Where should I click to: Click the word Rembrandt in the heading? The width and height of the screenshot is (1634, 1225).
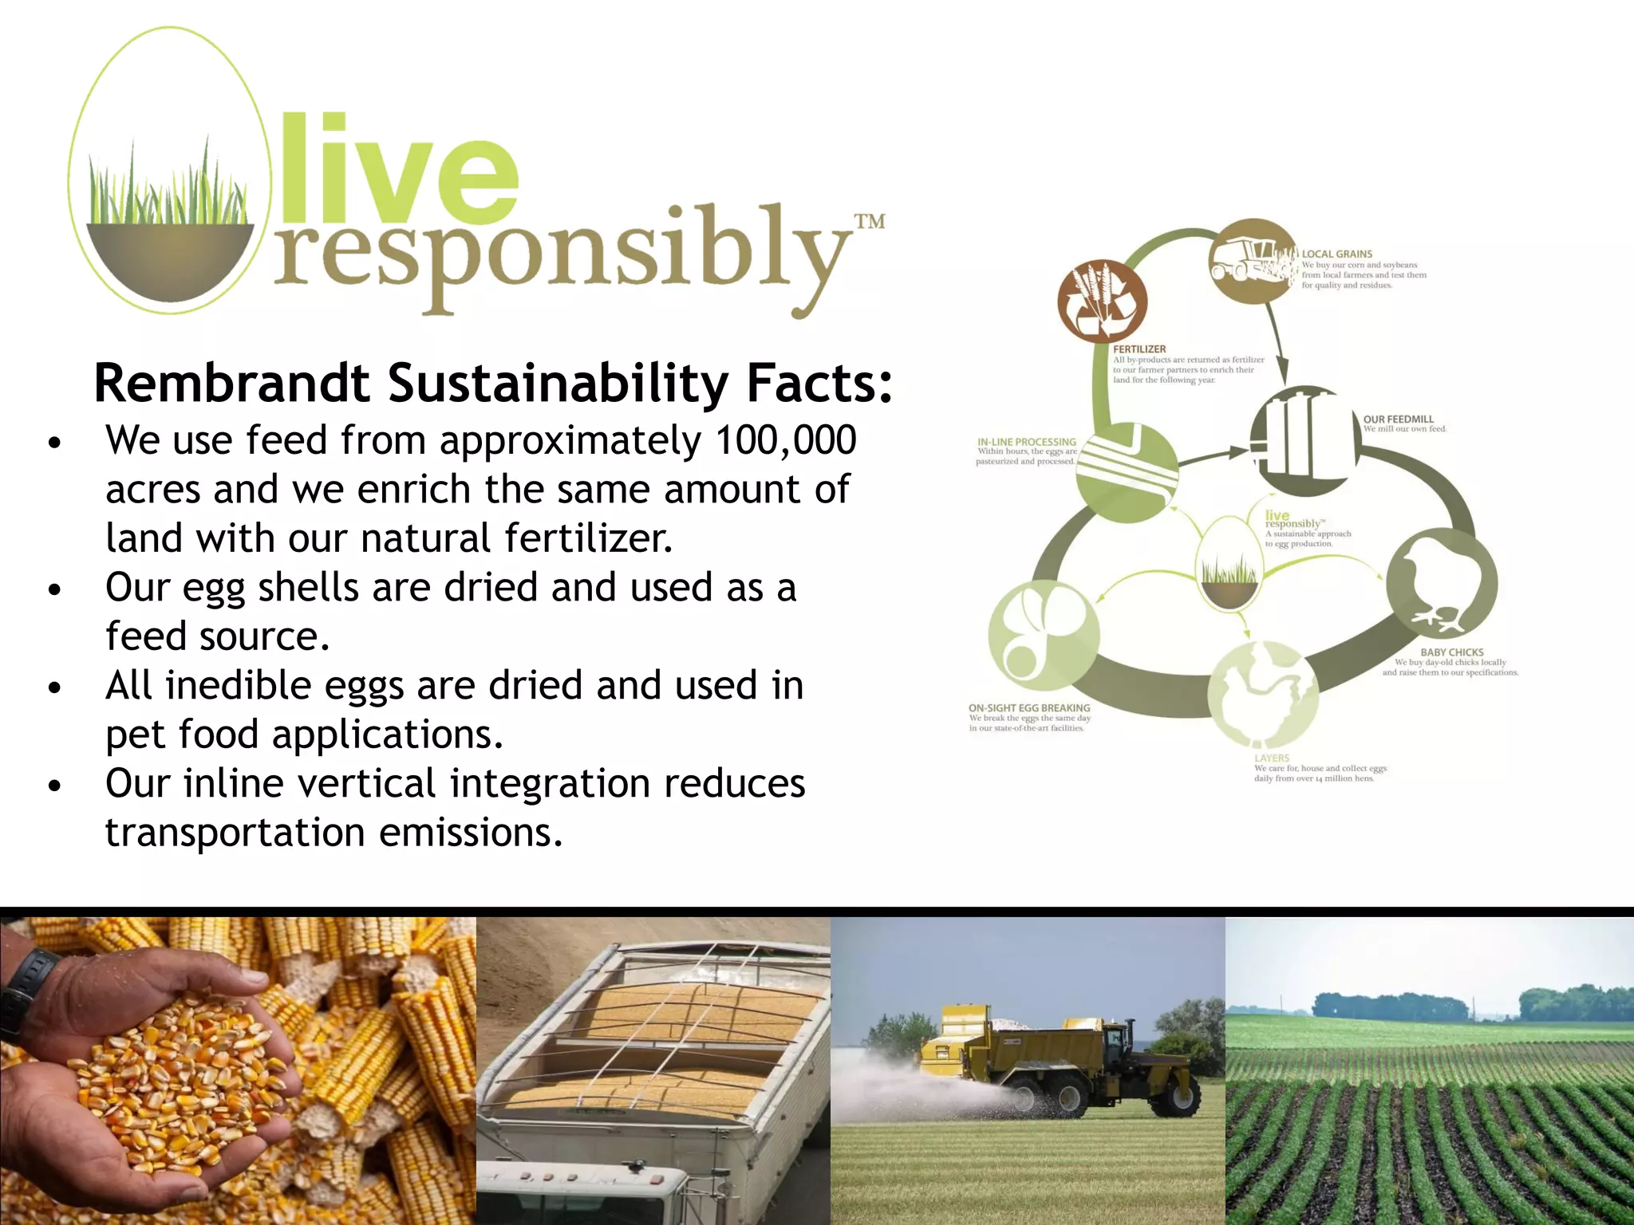(232, 384)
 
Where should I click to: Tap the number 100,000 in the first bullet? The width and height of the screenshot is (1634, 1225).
(785, 440)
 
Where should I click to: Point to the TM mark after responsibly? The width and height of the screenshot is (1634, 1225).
(869, 221)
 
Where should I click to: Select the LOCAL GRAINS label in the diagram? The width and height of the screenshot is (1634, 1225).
(1337, 254)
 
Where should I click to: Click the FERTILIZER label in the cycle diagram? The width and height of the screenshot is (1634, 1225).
(1139, 349)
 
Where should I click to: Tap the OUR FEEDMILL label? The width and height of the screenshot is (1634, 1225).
(1398, 419)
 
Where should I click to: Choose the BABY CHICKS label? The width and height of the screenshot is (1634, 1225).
(1452, 652)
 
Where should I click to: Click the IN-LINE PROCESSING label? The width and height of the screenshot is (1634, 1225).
(1027, 442)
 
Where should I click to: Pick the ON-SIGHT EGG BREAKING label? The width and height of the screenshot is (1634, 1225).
(1028, 707)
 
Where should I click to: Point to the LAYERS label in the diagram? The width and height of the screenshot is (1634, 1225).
(1272, 758)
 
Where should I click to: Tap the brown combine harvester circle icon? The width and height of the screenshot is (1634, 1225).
(1253, 262)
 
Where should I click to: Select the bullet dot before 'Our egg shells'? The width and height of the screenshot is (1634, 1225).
(54, 590)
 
